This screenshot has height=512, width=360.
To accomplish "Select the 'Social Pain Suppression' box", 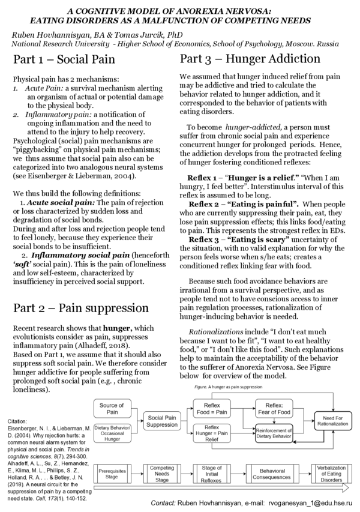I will (x=162, y=421).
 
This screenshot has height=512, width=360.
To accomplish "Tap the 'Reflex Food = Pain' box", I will (x=212, y=409).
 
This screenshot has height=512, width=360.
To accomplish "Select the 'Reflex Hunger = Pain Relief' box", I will (x=212, y=433).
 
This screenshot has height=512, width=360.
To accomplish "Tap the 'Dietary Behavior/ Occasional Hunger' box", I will (x=112, y=432).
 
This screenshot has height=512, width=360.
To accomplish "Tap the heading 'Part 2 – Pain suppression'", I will (x=81, y=308).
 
